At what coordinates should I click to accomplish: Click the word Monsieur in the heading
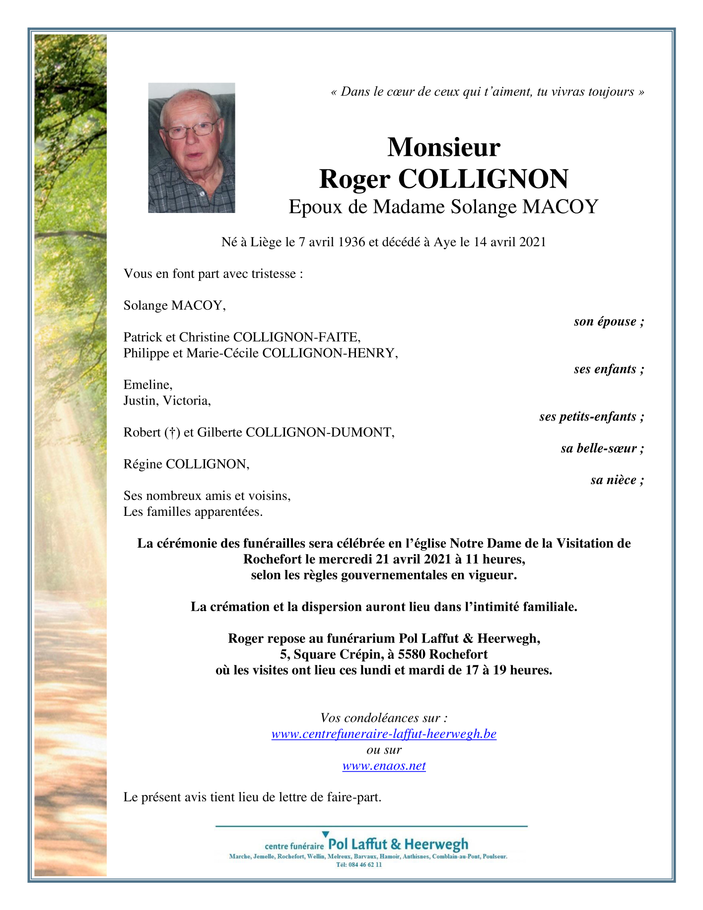click(x=443, y=147)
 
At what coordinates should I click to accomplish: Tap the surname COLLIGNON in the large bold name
click(x=483, y=179)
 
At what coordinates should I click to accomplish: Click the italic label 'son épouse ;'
click(x=609, y=322)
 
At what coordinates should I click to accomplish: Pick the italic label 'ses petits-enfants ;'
click(x=592, y=417)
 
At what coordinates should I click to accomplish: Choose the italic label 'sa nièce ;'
click(x=617, y=480)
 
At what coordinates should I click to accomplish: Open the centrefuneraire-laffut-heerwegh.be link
click(x=384, y=734)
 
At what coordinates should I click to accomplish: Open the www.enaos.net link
click(x=384, y=766)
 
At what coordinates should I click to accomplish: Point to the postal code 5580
click(x=412, y=655)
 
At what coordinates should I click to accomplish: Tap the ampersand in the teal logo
click(x=396, y=844)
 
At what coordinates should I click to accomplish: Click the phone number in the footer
click(x=359, y=864)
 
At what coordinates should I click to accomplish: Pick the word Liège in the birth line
click(x=267, y=242)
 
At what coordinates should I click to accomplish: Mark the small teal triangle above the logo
click(x=325, y=835)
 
